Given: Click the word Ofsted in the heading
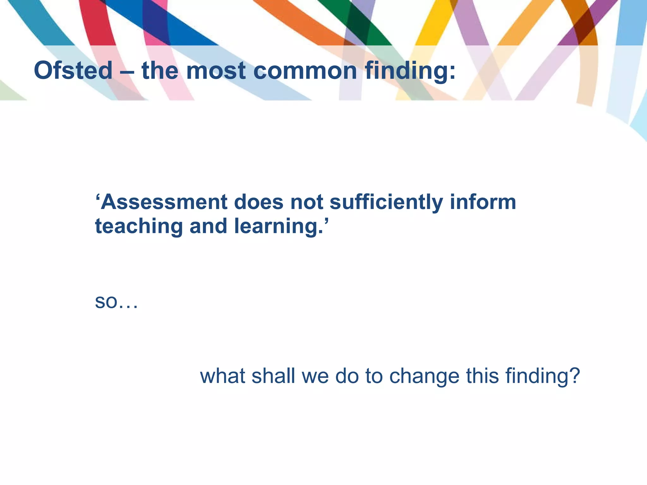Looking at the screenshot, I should [73, 70].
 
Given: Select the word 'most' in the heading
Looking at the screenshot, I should [216, 71].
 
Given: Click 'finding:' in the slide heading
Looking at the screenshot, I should [410, 71].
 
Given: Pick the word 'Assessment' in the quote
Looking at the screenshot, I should [164, 202].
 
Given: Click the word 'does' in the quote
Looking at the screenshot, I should [258, 202].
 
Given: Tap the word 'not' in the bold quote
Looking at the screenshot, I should [306, 202].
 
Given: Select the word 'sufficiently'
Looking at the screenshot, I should [386, 203].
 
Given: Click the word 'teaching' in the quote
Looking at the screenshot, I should [139, 227].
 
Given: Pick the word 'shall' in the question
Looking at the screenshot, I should [273, 376].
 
